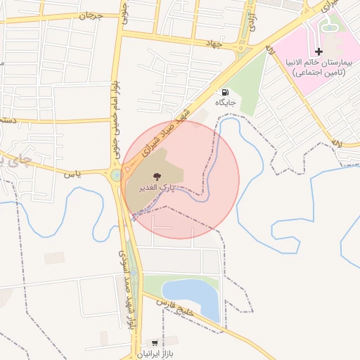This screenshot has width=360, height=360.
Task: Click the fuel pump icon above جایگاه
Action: click(224, 92)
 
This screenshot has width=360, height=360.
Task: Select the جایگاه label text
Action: click(224, 103)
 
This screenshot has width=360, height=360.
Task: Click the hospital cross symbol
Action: click(319, 51)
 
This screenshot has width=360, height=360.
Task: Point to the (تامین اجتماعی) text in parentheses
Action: click(319, 72)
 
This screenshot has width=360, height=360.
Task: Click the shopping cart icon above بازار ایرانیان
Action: click(155, 343)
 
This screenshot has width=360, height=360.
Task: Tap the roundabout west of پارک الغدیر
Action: click(115, 175)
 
